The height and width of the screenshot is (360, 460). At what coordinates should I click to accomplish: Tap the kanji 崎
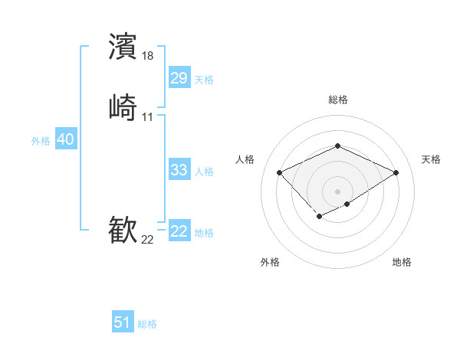click(x=123, y=107)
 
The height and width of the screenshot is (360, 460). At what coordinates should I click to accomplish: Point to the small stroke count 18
click(x=149, y=56)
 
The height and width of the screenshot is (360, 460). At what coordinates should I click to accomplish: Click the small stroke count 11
click(x=148, y=116)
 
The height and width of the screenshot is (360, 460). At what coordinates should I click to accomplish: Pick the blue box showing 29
click(x=179, y=78)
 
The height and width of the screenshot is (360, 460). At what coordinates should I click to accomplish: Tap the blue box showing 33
click(x=179, y=170)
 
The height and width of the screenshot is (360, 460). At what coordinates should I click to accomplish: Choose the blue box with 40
click(x=65, y=139)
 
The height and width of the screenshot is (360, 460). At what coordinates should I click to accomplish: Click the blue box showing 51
click(x=122, y=322)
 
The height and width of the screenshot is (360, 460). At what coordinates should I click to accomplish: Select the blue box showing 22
click(x=179, y=231)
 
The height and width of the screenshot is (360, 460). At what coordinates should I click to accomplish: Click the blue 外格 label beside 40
click(x=41, y=141)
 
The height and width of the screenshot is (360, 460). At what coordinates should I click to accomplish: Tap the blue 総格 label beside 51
click(x=147, y=324)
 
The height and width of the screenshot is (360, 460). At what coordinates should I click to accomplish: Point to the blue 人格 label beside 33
click(x=205, y=172)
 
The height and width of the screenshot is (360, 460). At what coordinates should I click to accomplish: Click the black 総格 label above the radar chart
click(x=337, y=100)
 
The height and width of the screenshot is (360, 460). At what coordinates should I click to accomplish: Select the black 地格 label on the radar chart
click(x=402, y=262)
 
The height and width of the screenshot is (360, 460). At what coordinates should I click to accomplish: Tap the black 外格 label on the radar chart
click(x=270, y=262)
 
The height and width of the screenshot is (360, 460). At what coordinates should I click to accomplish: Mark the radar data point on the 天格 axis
click(x=396, y=172)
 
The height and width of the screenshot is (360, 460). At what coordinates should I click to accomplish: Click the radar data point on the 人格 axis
click(x=280, y=172)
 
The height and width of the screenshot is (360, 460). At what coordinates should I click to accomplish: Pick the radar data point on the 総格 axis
click(x=337, y=146)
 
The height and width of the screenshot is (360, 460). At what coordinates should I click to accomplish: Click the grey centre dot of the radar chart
click(x=337, y=191)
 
